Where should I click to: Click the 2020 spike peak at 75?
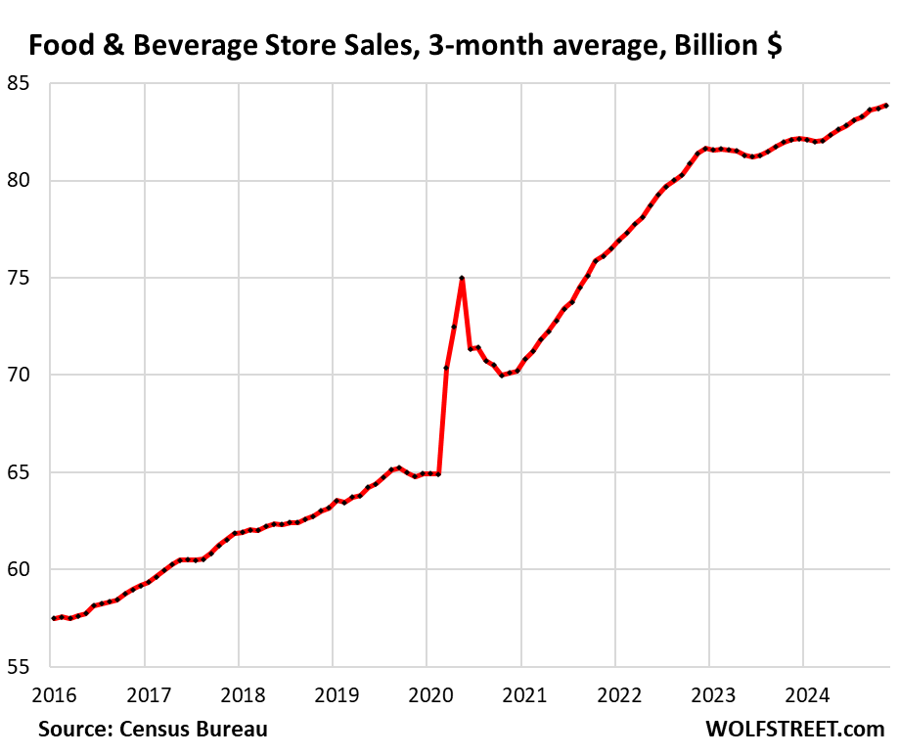pyautogui.click(x=462, y=279)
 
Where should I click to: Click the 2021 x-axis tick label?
pyautogui.click(x=520, y=695)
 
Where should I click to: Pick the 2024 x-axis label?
pyautogui.click(x=802, y=695)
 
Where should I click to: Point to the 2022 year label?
pyautogui.click(x=614, y=695)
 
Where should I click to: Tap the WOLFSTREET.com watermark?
pyautogui.click(x=794, y=730)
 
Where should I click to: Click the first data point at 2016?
pyautogui.click(x=53, y=618)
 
